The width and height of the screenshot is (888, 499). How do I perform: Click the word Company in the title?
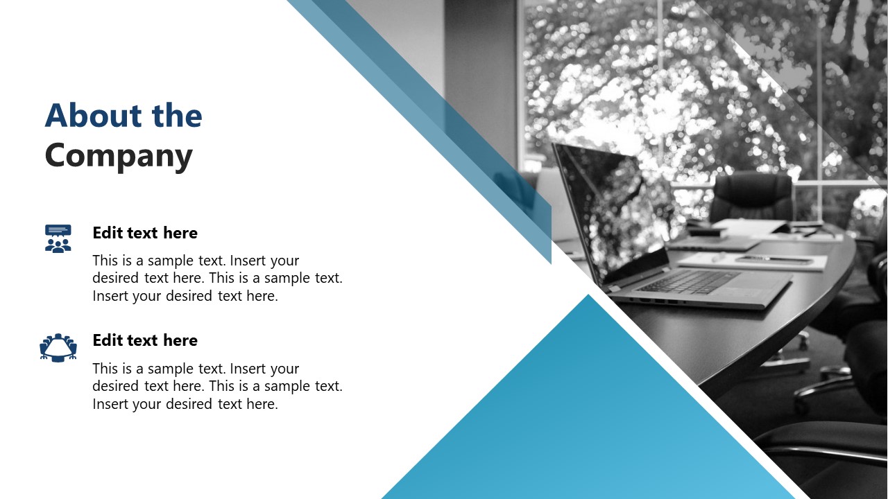(119, 156)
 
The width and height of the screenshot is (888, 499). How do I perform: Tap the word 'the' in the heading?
(177, 116)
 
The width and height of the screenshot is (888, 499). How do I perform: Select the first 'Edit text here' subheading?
(145, 233)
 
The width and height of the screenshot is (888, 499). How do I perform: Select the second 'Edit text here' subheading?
(145, 340)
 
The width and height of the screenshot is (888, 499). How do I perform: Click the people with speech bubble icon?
(58, 238)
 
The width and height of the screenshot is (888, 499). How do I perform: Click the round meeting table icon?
(58, 347)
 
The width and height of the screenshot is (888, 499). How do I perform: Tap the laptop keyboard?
(687, 281)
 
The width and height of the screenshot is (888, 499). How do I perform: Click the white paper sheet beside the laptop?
(753, 261)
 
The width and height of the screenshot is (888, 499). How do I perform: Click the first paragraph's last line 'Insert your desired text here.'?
(185, 296)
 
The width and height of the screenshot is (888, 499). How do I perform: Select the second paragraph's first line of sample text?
(196, 369)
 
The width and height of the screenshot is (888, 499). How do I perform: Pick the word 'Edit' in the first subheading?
(108, 233)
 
